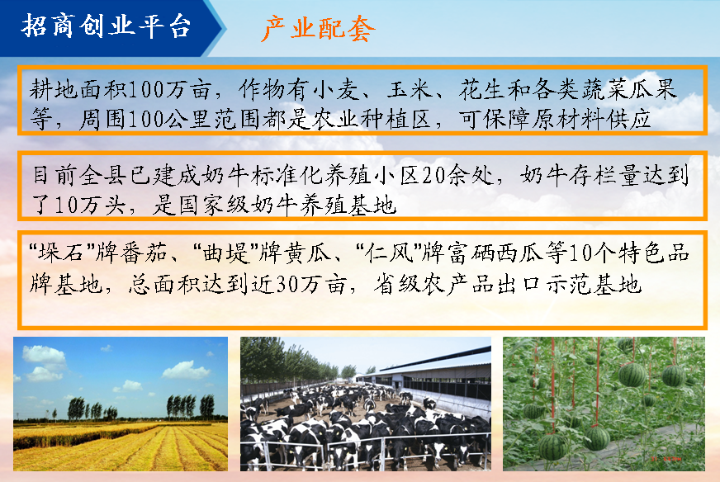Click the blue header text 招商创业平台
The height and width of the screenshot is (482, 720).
106,26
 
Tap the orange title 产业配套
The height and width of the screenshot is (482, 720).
318,29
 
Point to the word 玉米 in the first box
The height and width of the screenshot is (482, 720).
410,89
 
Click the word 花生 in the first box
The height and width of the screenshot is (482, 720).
482,89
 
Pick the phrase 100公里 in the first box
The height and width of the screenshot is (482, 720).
168,119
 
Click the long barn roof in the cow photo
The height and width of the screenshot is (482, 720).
433,362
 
